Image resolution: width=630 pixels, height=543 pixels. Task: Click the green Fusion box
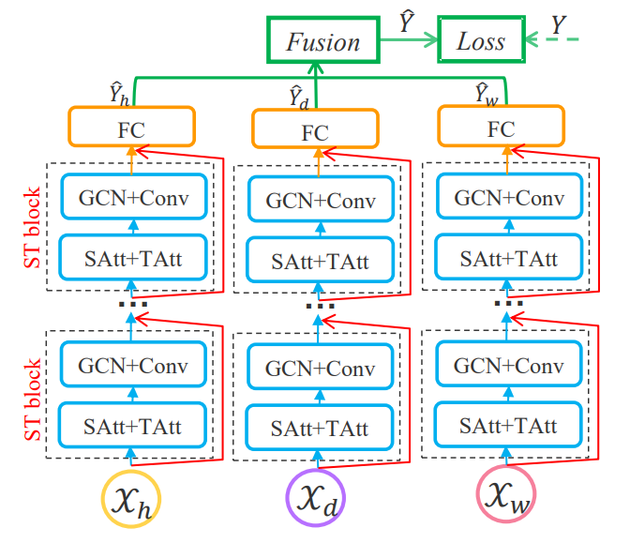322,41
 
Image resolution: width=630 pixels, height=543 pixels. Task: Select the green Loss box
480,41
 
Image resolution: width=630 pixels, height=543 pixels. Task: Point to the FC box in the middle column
315,128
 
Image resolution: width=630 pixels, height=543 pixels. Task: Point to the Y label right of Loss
558,26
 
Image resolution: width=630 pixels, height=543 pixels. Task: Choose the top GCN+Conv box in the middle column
315,199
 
